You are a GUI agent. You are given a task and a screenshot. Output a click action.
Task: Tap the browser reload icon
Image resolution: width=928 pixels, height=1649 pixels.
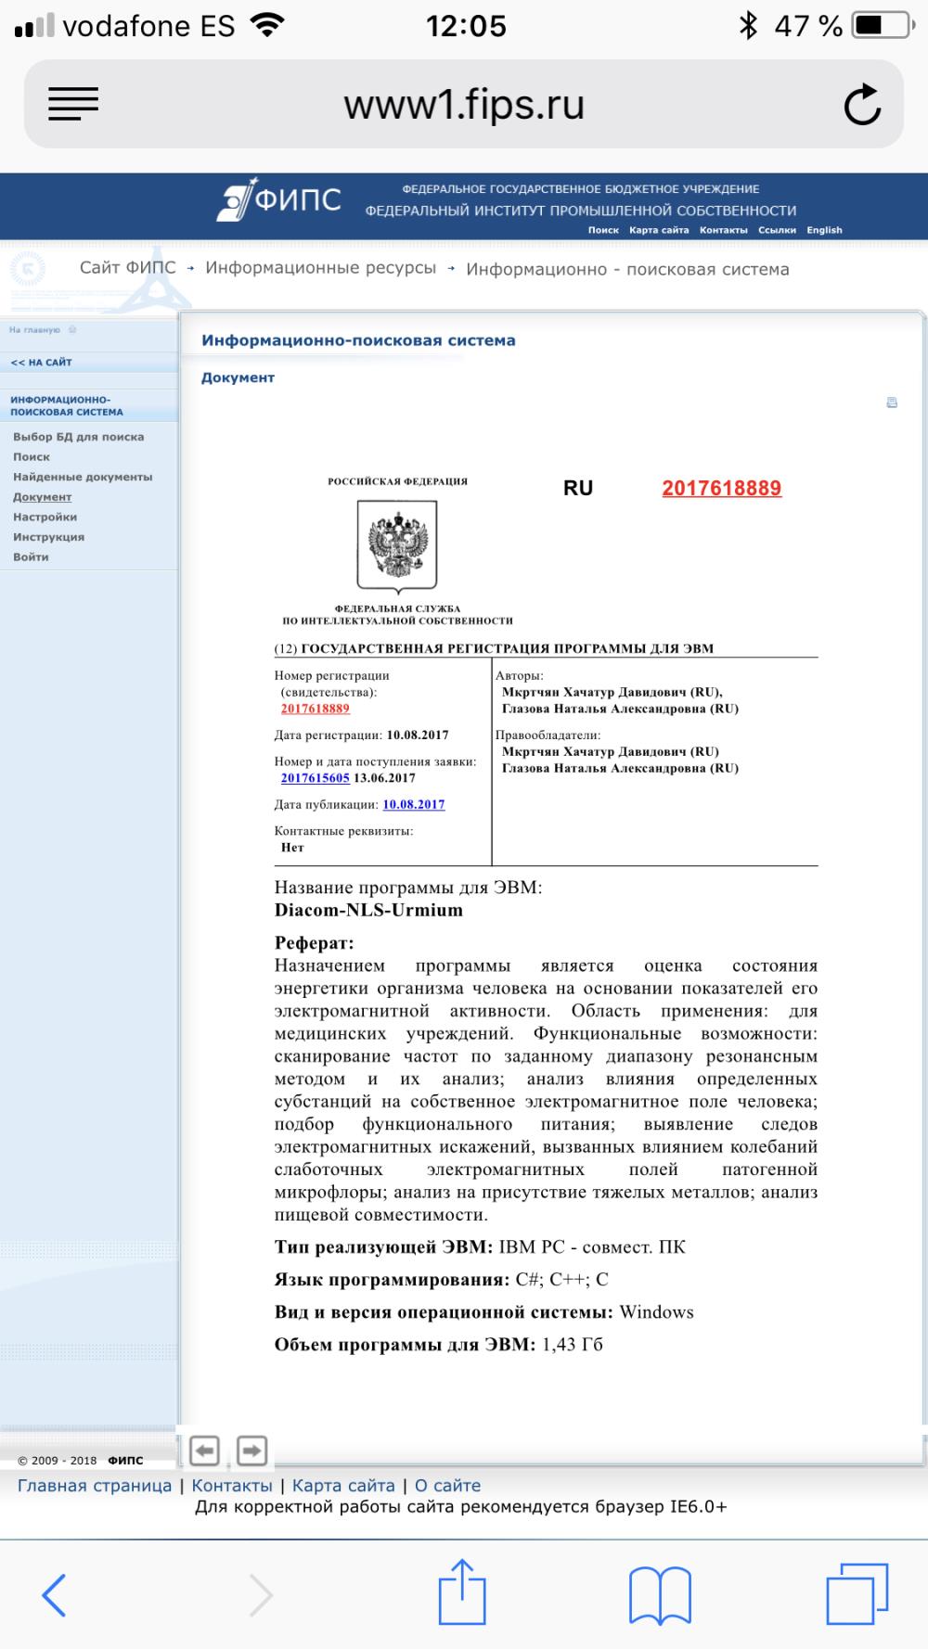[862, 105]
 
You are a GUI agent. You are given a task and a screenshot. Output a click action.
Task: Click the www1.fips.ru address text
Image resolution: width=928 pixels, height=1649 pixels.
[464, 105]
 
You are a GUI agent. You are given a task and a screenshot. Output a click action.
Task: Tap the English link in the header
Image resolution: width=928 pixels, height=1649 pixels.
[824, 230]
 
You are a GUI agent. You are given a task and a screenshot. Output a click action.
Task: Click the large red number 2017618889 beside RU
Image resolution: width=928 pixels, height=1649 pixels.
[721, 489]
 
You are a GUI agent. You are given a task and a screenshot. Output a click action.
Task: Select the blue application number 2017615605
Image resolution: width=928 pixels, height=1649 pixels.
[316, 778]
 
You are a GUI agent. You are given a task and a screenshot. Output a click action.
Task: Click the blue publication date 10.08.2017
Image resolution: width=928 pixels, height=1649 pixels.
[414, 805]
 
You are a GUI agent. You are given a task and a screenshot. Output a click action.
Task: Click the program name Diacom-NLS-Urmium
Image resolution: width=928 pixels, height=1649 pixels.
[368, 910]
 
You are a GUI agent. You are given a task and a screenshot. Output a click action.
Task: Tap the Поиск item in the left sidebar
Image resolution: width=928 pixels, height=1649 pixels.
[32, 457]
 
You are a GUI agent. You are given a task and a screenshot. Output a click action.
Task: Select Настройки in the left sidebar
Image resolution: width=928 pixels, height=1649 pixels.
[45, 518]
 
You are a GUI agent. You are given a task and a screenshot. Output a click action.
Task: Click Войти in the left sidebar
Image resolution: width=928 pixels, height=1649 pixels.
[31, 557]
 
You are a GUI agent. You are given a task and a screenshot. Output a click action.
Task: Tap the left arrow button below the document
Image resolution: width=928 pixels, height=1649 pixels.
[204, 1450]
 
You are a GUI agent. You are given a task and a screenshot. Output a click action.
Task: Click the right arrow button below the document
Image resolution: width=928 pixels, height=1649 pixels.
[251, 1450]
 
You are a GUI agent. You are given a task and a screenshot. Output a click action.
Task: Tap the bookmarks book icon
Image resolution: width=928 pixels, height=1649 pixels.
[660, 1595]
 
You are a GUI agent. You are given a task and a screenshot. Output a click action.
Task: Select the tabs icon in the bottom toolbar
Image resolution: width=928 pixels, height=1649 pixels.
[857, 1593]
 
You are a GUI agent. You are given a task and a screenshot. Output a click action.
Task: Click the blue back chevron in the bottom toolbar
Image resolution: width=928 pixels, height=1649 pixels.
[54, 1595]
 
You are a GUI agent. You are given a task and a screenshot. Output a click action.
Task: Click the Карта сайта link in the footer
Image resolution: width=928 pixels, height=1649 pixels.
[343, 1486]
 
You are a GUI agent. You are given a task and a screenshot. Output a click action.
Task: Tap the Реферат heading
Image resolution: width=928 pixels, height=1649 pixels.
[314, 943]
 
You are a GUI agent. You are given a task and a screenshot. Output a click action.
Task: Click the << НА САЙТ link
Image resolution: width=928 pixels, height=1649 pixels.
[41, 363]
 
